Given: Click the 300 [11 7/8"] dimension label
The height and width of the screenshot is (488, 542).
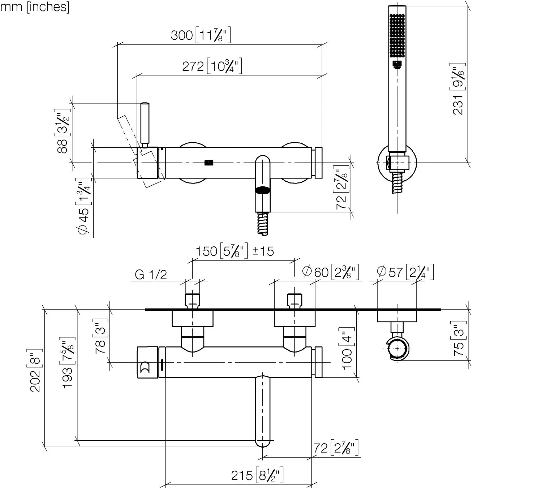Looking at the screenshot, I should coord(201,35).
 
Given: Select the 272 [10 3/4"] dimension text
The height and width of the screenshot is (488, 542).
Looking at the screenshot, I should coord(212,66).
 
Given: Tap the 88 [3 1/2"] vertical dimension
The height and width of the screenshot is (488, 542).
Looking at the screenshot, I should coord(63,131).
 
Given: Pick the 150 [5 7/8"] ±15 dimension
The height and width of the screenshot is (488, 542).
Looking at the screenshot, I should coord(235,251).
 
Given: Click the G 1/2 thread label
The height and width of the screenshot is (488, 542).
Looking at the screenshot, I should coord(151,275).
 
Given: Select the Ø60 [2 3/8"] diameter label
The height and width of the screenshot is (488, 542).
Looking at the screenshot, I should coord(331,272).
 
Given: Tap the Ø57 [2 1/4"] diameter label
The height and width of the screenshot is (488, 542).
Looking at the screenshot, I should coord(405,272).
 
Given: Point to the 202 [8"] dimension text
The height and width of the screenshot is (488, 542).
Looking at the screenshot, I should coord(35,370).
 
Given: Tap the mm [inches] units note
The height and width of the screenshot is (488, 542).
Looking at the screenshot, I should coord(34,7).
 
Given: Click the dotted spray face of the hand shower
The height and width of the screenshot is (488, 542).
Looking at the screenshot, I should coord(397,35).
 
